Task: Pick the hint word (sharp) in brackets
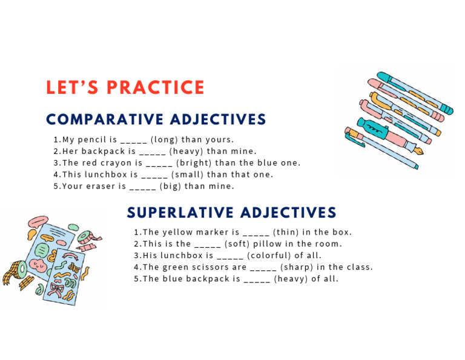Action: [x=294, y=267]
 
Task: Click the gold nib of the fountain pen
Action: [x=418, y=149]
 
